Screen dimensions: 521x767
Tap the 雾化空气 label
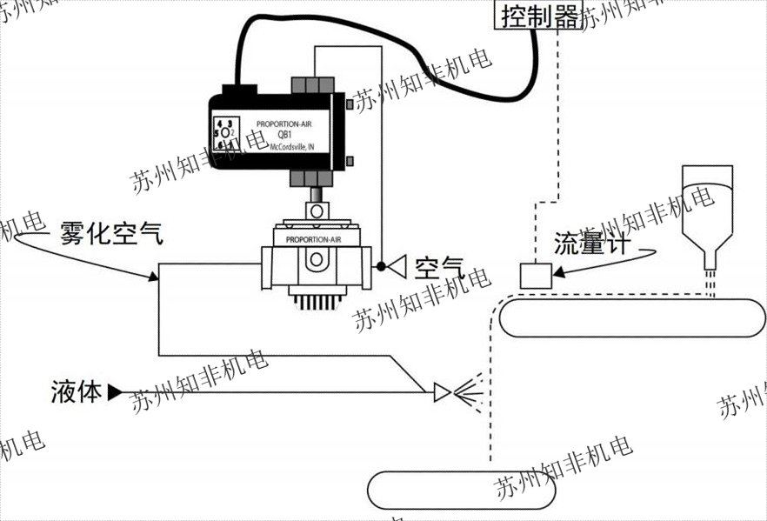point(110,232)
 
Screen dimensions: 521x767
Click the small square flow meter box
point(533,274)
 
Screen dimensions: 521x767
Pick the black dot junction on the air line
point(379,264)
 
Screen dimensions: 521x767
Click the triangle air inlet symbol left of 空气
point(397,264)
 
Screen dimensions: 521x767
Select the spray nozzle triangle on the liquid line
point(442,392)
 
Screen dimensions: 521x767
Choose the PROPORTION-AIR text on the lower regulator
point(307,238)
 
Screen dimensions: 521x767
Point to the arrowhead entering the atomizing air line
point(150,277)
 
